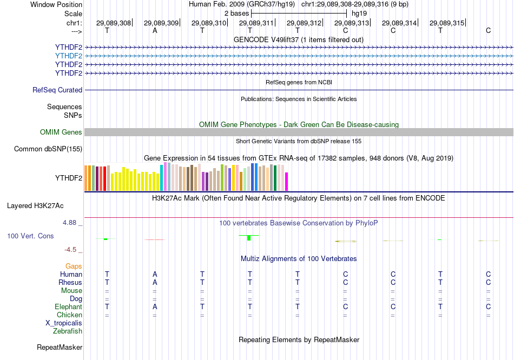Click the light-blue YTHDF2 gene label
(x=69, y=56)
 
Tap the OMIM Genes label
(x=61, y=132)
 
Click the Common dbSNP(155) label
(x=48, y=149)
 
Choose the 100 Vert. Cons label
(x=31, y=236)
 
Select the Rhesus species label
(x=70, y=282)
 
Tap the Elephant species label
(x=68, y=306)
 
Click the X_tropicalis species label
(x=64, y=323)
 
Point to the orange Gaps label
(x=74, y=266)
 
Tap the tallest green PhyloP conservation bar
(x=249, y=237)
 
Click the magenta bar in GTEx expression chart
(x=287, y=181)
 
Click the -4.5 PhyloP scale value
(x=71, y=250)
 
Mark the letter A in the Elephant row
(x=155, y=306)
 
